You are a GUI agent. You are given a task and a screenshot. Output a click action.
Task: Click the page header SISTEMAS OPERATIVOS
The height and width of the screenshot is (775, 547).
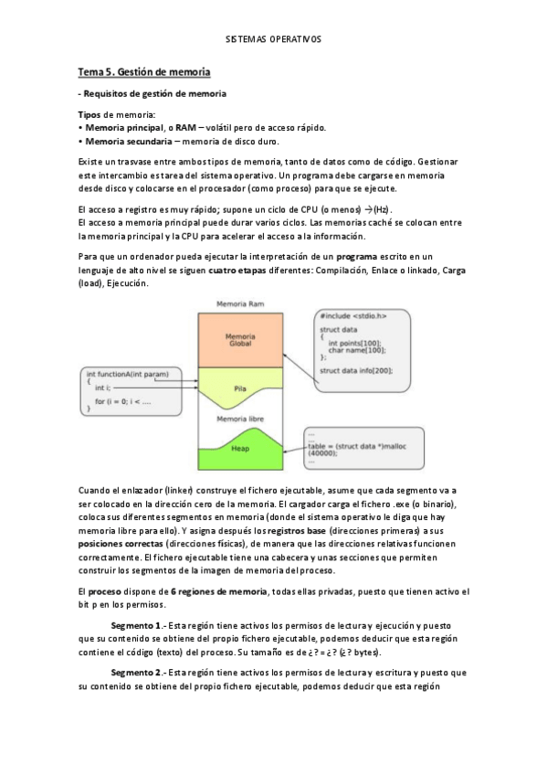[273, 40]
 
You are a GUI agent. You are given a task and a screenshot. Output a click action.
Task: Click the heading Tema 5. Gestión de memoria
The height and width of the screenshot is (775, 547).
[144, 71]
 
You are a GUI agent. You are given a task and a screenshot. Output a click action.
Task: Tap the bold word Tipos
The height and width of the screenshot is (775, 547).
[89, 113]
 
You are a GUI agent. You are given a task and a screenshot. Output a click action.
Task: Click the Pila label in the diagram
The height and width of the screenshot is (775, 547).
[240, 387]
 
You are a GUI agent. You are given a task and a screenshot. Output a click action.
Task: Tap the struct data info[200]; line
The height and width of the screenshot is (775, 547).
[355, 370]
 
